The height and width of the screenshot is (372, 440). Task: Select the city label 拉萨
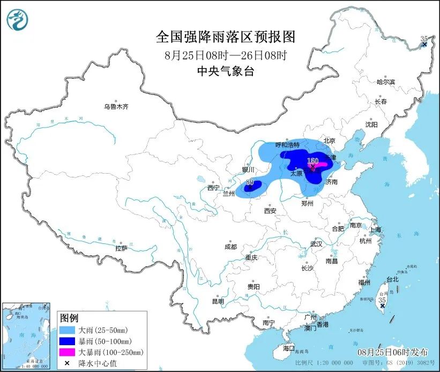pos(121,248)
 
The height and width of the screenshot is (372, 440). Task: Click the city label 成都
pos(230,247)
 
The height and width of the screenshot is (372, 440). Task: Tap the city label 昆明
pos(218,301)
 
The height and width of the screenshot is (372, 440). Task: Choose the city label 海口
pos(289,348)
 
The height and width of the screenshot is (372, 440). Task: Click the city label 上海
pos(375,229)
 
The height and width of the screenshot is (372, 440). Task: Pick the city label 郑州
pos(308,204)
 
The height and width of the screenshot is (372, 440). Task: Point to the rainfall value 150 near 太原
pos(312,160)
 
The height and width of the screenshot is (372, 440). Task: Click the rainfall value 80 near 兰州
pos(249,182)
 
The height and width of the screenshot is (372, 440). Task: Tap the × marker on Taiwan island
pos(382,306)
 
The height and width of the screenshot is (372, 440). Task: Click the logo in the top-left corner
pos(18,19)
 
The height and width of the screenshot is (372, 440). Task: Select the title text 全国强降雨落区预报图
pos(226,36)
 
